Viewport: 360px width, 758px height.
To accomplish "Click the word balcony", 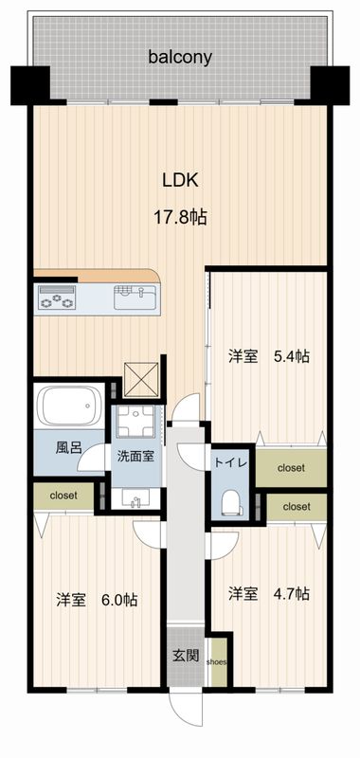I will pos(179,57).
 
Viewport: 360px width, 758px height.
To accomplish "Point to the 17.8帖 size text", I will pos(180,217).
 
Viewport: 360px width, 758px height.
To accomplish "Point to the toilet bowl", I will pos(230,499).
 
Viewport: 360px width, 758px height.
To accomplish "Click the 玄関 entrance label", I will pos(185,654).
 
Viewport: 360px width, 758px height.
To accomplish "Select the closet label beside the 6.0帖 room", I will pos(63,494).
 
